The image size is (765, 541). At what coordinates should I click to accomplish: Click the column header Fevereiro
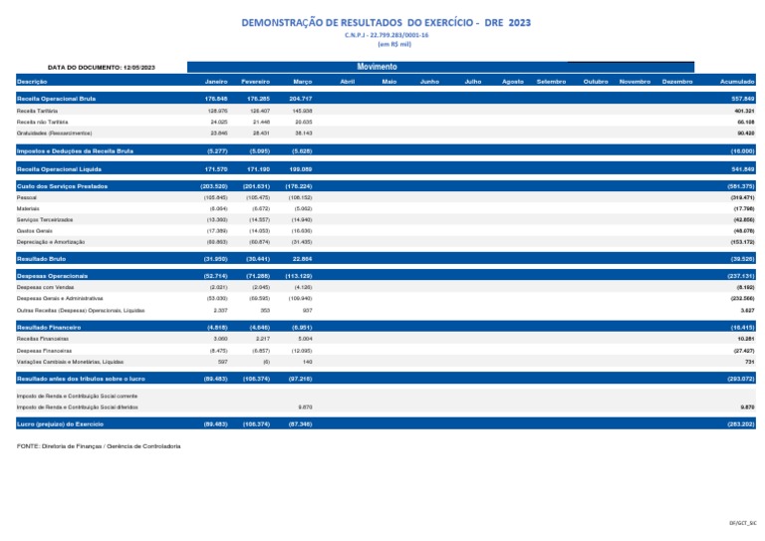click(x=256, y=81)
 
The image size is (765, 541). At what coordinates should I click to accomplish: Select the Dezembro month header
click(x=676, y=81)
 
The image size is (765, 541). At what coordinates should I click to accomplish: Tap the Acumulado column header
click(x=737, y=81)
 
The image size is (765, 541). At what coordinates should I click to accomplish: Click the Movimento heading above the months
click(x=377, y=67)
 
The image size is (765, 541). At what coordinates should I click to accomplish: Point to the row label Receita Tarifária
click(x=35, y=111)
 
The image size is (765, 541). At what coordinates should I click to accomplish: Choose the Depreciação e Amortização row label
click(x=51, y=242)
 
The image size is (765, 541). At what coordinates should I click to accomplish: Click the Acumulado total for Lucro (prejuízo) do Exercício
click(x=739, y=424)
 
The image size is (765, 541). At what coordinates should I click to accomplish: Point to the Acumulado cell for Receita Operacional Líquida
click(x=740, y=170)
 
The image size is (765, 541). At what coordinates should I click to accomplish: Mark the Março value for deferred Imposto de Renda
click(x=305, y=406)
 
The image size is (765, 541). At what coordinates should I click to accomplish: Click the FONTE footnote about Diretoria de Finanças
click(x=99, y=445)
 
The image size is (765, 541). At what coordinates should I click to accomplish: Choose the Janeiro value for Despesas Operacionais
click(x=215, y=274)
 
